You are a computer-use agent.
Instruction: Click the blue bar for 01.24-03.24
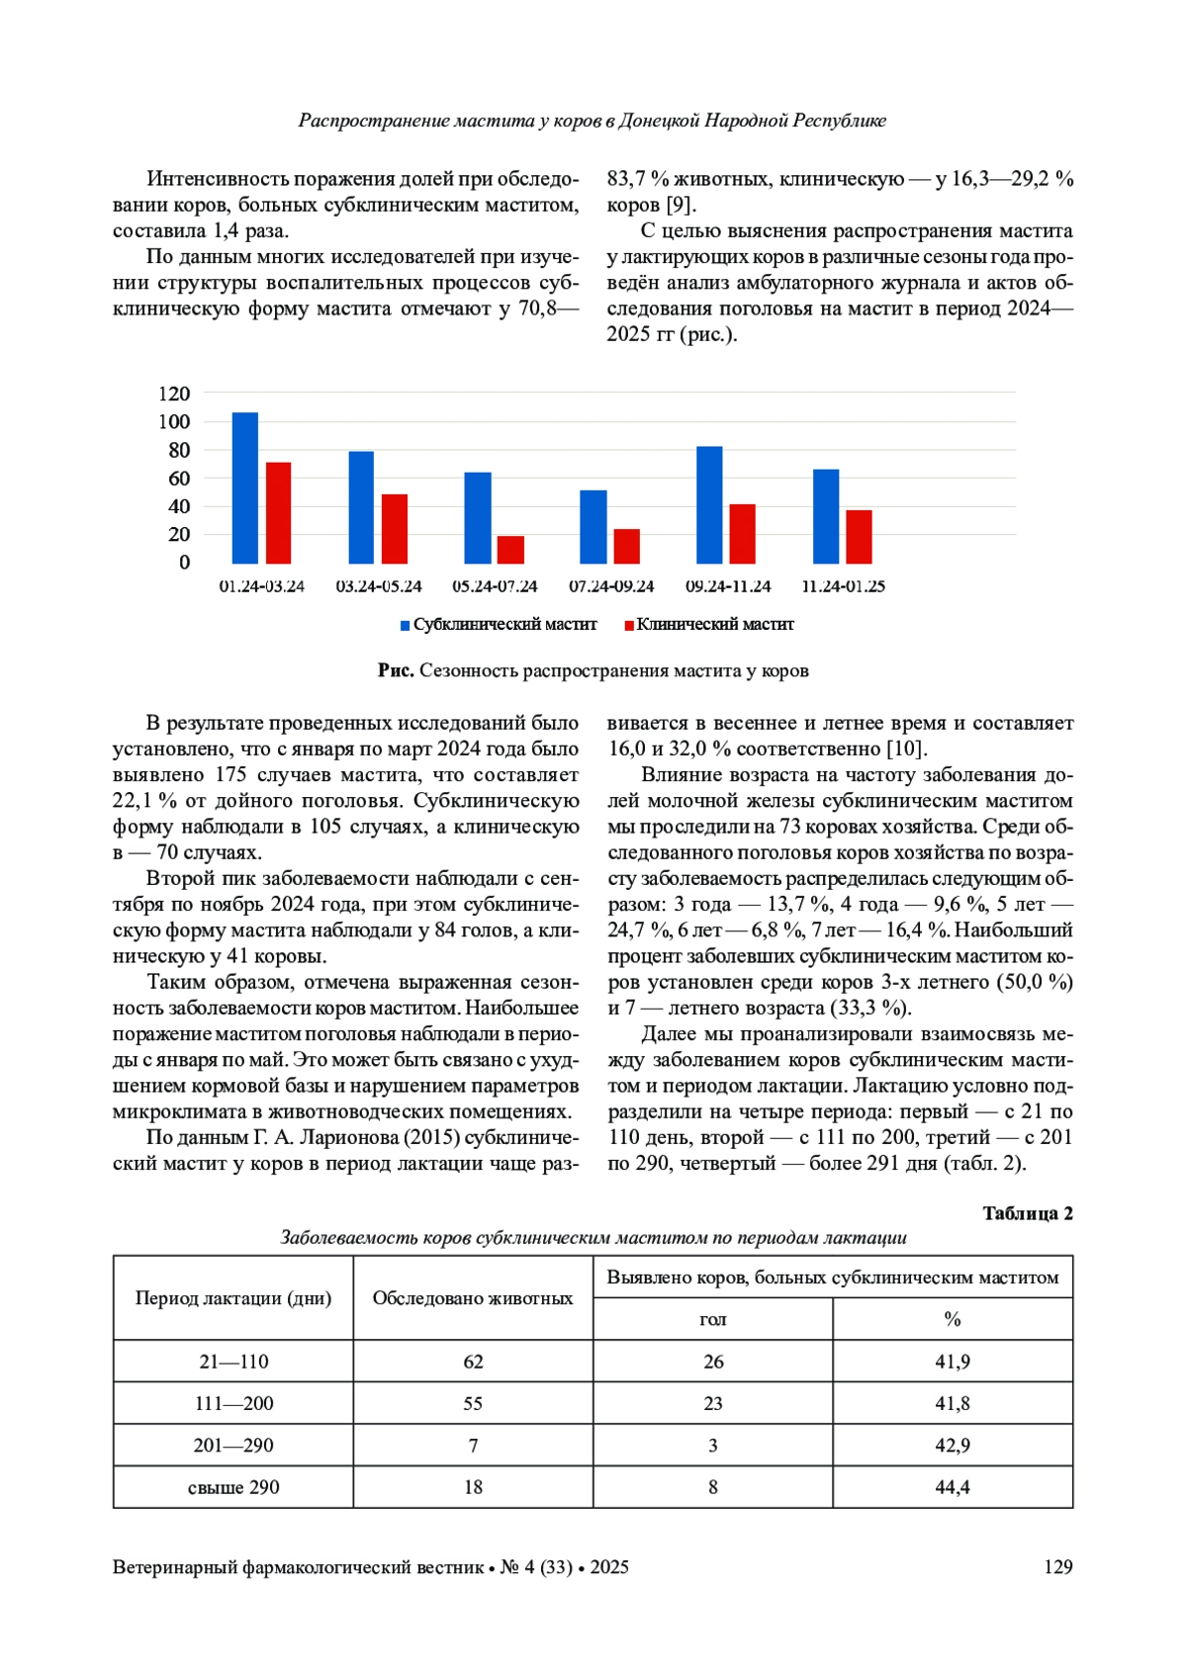click(x=245, y=488)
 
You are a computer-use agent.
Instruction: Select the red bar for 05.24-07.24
click(x=510, y=550)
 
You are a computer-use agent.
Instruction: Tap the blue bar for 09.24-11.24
click(x=709, y=505)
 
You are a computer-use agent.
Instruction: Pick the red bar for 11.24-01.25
click(x=859, y=537)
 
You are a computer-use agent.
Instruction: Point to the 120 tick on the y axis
click(x=174, y=394)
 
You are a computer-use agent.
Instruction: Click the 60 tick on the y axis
click(x=179, y=479)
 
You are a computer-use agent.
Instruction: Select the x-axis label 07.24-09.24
click(x=611, y=586)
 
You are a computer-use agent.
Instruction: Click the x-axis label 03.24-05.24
click(x=379, y=586)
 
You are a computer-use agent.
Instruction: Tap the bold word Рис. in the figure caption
click(x=396, y=670)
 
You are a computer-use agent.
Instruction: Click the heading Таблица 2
click(x=1028, y=1213)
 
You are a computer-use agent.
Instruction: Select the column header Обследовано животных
click(x=473, y=1298)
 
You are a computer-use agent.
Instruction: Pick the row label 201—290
click(x=233, y=1446)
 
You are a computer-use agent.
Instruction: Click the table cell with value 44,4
click(x=953, y=1487)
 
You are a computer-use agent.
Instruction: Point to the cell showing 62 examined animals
click(x=473, y=1362)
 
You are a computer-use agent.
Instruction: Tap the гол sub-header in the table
click(x=713, y=1319)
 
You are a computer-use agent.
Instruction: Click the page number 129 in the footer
click(x=1058, y=1567)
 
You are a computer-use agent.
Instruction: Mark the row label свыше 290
click(x=233, y=1487)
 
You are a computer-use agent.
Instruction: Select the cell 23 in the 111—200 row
click(x=713, y=1403)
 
